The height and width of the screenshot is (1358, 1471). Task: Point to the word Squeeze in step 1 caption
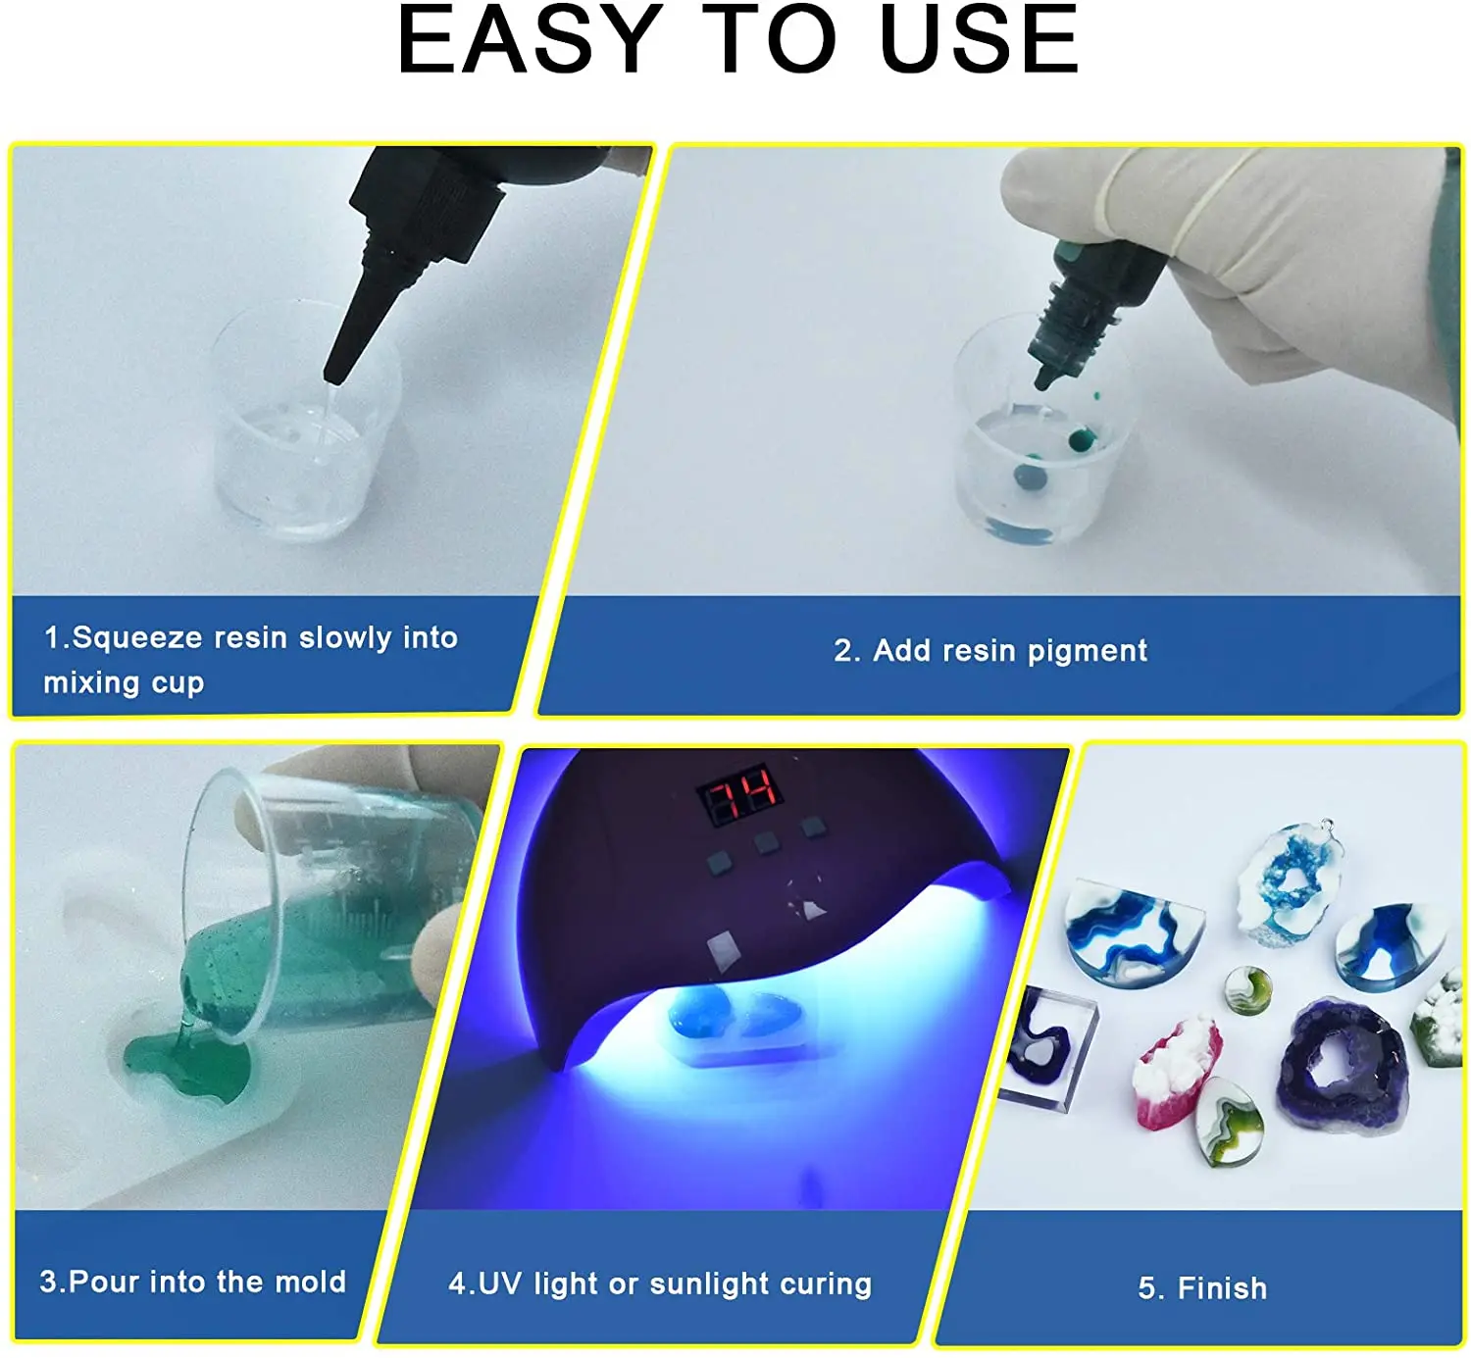pyautogui.click(x=136, y=638)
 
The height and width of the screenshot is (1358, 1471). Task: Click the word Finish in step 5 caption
pyautogui.click(x=1222, y=1288)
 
